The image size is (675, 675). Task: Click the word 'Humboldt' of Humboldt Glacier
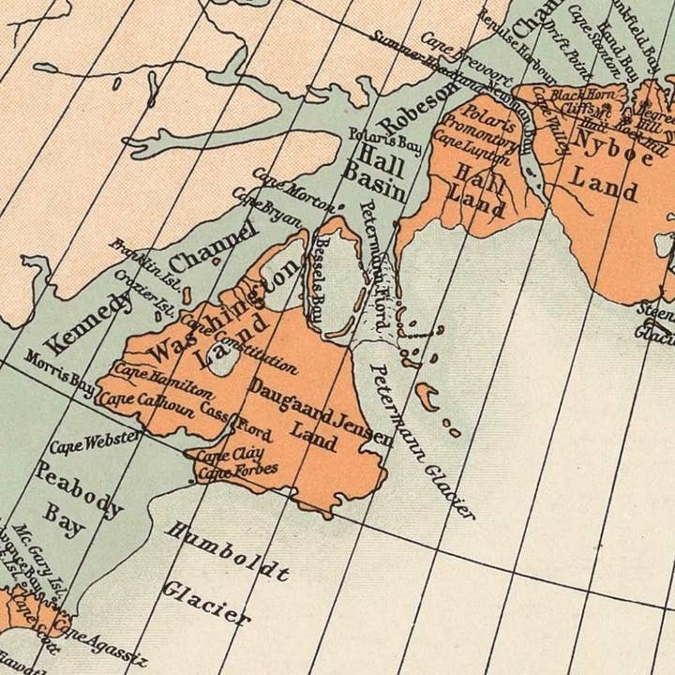[x=227, y=551]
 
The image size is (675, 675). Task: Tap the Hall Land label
[x=478, y=186]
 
